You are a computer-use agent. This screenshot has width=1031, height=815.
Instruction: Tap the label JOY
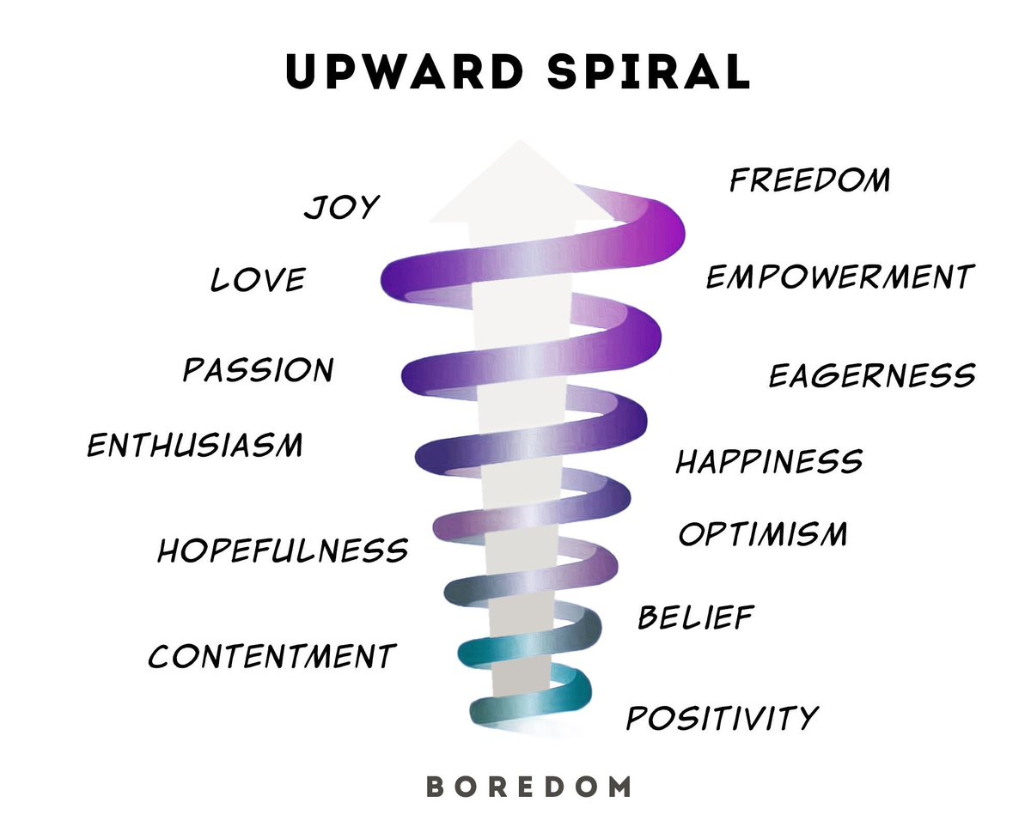(341, 207)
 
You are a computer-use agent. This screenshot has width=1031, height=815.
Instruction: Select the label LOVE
(258, 280)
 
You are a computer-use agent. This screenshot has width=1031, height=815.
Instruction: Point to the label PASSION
(259, 370)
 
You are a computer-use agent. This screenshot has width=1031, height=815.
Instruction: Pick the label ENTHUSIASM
(195, 445)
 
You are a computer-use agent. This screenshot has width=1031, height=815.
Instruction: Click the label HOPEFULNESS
(282, 550)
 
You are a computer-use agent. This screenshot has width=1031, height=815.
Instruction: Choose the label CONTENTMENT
(271, 656)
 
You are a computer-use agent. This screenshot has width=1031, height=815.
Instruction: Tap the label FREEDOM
(809, 180)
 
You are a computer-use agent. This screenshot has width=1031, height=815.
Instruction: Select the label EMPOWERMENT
(839, 277)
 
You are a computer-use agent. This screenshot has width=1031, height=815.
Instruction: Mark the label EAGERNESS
(871, 375)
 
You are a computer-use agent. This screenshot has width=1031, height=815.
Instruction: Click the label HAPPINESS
(769, 461)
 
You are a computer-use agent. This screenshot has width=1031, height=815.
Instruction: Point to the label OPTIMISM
(763, 534)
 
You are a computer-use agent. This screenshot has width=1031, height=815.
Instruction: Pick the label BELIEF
(696, 617)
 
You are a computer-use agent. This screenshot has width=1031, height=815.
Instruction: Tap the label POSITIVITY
(722, 717)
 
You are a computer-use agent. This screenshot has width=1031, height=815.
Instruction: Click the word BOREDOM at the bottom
(528, 785)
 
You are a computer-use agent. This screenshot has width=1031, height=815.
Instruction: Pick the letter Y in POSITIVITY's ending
(806, 718)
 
